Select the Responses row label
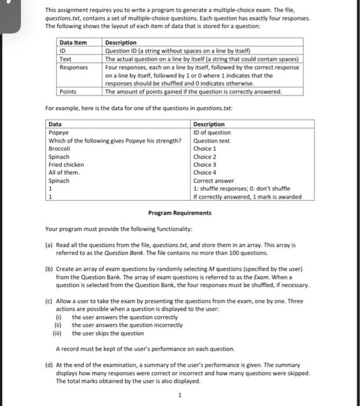click(74, 67)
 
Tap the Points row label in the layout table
click(68, 92)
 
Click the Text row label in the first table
click(66, 59)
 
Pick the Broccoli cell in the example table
click(61, 148)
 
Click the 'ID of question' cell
click(212, 132)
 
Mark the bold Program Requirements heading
click(180, 213)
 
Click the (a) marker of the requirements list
click(49, 245)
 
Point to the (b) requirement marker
click(49, 270)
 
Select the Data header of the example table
click(55, 124)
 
